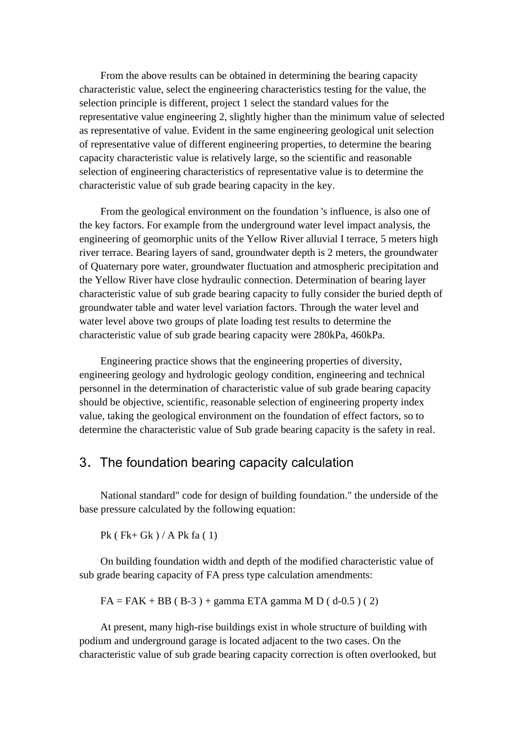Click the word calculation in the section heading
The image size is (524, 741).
(323, 463)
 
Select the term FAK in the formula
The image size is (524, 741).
(135, 601)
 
